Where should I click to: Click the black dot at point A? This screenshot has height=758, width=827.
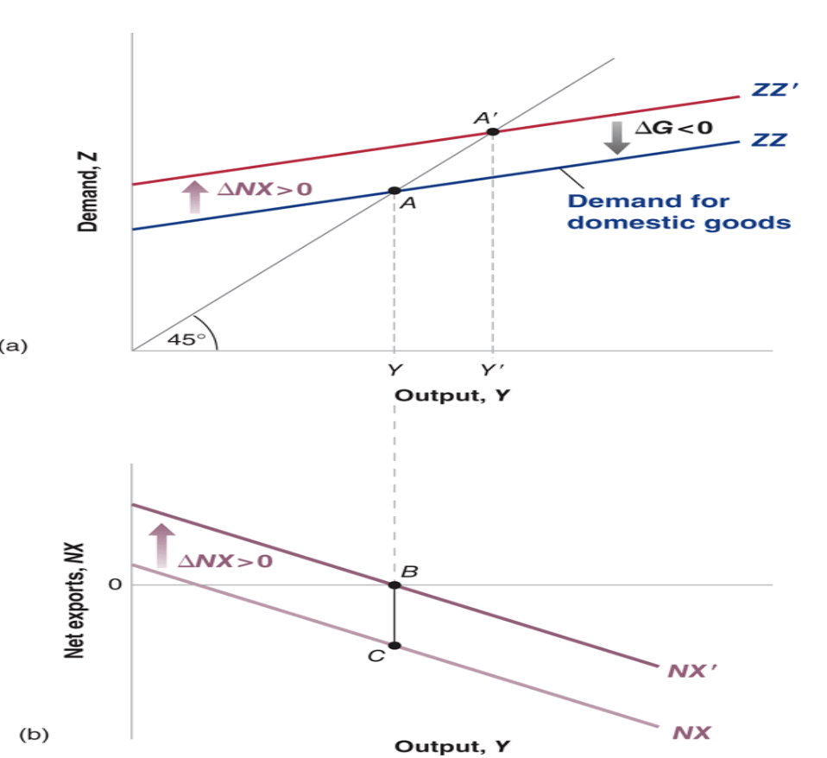pos(394,191)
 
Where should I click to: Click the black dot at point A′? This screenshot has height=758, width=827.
pos(492,132)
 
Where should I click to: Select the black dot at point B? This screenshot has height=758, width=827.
pos(394,585)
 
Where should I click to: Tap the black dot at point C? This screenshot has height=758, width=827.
pos(394,646)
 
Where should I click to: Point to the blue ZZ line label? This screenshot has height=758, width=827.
pos(767,140)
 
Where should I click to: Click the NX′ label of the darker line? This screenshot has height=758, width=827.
pos(688,670)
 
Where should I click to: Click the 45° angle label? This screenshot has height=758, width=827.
pos(182,339)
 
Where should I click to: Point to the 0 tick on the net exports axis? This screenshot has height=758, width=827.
pos(112,585)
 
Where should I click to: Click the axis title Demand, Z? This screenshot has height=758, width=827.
pos(88,192)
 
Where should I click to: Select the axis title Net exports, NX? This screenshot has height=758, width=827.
pos(76,601)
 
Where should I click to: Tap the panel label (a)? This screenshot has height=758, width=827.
pos(14,345)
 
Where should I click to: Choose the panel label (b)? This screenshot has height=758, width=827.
pos(35,736)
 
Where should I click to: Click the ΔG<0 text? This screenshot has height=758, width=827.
pos(674,129)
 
